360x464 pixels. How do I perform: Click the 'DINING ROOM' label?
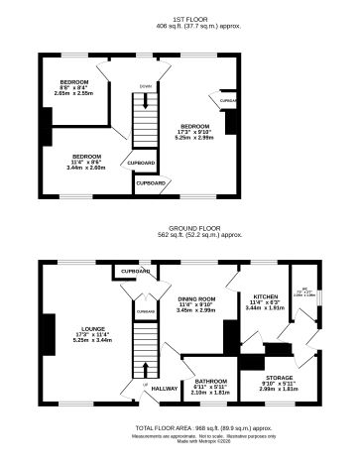pyautogui.click(x=196, y=298)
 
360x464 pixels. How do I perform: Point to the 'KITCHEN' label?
pyautogui.click(x=264, y=296)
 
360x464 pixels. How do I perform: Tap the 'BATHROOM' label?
pyautogui.click(x=210, y=380)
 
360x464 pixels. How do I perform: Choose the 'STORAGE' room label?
pyautogui.click(x=280, y=378)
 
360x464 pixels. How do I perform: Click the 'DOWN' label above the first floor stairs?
pyautogui.click(x=146, y=86)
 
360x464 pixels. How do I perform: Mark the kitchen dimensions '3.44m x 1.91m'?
pyautogui.click(x=264, y=308)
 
